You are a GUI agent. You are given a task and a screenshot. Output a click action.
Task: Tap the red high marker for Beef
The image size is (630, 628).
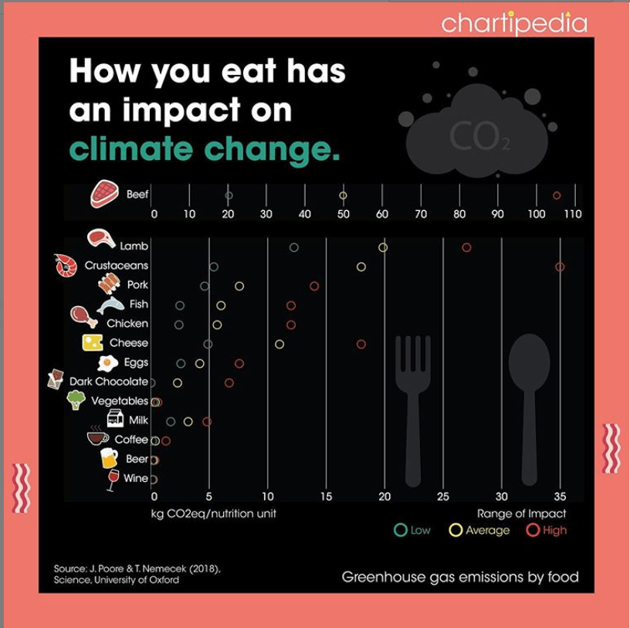[x=557, y=195]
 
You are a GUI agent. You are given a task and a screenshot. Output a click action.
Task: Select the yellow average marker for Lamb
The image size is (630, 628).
[x=383, y=247]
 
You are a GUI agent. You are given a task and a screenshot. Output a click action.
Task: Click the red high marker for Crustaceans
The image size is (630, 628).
[x=560, y=266]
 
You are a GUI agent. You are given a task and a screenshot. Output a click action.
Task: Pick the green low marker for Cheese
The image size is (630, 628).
[x=208, y=344]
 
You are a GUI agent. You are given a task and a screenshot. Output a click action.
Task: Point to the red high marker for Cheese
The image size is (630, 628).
[x=361, y=344]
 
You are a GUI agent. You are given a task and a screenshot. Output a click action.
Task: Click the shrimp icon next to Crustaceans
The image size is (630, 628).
[x=66, y=266]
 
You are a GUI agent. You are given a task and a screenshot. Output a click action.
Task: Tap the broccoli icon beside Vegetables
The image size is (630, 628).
[x=76, y=400]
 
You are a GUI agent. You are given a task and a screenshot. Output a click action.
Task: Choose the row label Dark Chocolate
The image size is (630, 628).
[x=108, y=382]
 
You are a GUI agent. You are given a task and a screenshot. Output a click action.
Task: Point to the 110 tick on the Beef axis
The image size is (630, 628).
[x=572, y=214]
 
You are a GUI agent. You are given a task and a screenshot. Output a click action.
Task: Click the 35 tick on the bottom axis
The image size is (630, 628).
[x=560, y=496]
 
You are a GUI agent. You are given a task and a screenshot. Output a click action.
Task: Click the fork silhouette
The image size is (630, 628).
[x=411, y=409]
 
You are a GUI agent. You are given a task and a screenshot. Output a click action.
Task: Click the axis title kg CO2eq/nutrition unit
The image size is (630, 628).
[x=211, y=513]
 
